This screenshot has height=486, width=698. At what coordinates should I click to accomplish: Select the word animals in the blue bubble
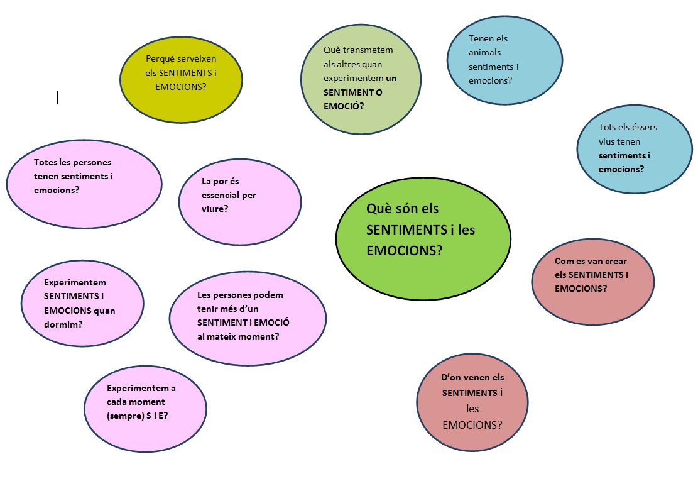coord(485,53)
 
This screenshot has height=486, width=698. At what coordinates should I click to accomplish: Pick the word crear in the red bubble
coord(616,261)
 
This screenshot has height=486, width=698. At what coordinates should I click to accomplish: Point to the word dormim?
coord(63,325)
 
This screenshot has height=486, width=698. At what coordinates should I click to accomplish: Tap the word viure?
coord(215,209)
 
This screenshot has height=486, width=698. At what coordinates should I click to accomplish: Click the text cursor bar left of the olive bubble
coord(57,97)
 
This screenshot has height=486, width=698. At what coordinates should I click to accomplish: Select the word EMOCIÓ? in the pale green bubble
coord(344,106)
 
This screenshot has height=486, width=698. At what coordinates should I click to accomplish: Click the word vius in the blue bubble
coord(606,141)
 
